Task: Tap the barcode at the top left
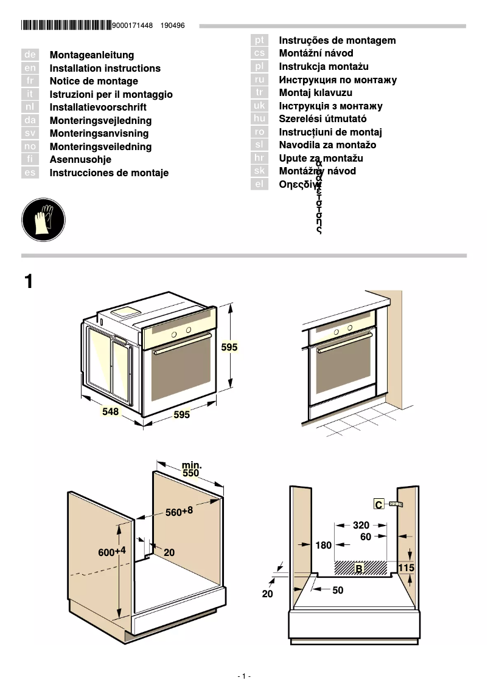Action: pyautogui.click(x=66, y=26)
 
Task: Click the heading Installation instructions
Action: pyautogui.click(x=105, y=69)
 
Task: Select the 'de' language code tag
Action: pyautogui.click(x=30, y=55)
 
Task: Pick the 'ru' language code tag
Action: pyautogui.click(x=260, y=80)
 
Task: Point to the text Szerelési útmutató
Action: pyautogui.click(x=322, y=119)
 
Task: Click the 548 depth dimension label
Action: pyautogui.click(x=110, y=411)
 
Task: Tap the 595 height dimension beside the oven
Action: pyautogui.click(x=229, y=348)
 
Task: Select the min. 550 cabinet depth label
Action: pyautogui.click(x=191, y=469)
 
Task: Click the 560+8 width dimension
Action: pyautogui.click(x=180, y=512)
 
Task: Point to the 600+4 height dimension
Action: pyautogui.click(x=112, y=552)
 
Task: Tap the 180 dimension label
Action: pyautogui.click(x=324, y=545)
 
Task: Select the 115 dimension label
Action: pyautogui.click(x=406, y=567)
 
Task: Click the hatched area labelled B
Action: pyautogui.click(x=360, y=567)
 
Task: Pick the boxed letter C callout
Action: pyautogui.click(x=378, y=504)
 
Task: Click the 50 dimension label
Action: pyautogui.click(x=338, y=590)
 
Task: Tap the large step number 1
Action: pyautogui.click(x=29, y=282)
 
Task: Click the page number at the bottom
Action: pyautogui.click(x=243, y=676)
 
